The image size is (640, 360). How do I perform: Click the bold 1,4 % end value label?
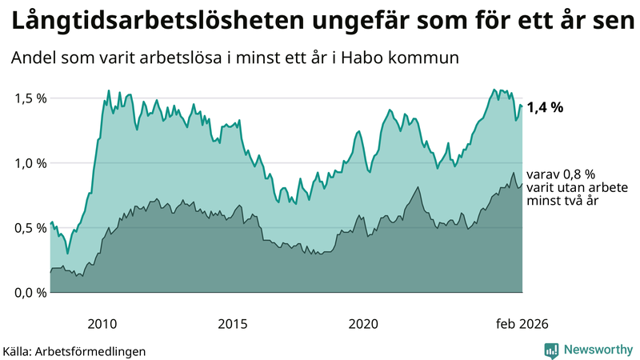click(x=546, y=108)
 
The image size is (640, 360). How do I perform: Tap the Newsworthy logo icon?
click(x=551, y=350)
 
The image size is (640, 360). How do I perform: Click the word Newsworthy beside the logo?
click(x=598, y=350)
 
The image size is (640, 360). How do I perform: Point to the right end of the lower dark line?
click(x=522, y=184)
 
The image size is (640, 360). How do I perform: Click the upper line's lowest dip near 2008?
click(x=67, y=254)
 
